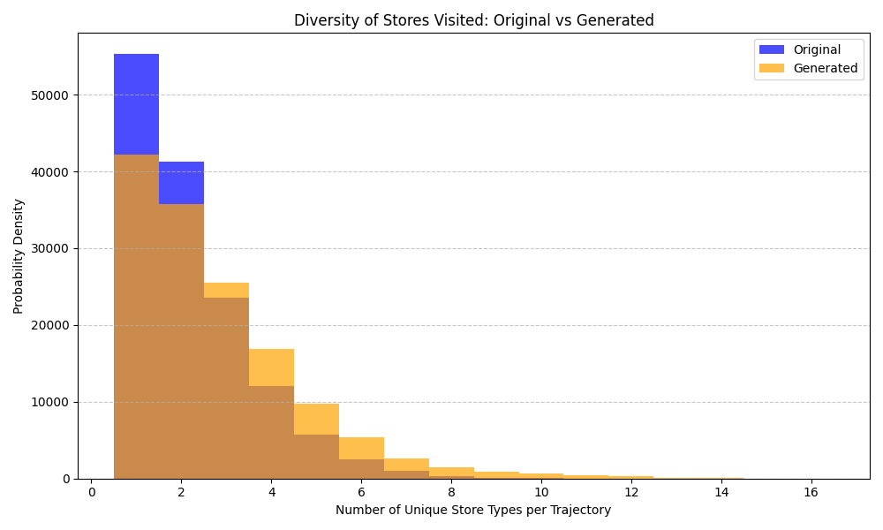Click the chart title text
pyautogui.click(x=473, y=20)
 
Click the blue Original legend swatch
pyautogui.click(x=771, y=49)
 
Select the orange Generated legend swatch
pyautogui.click(x=771, y=68)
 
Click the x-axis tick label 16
pyautogui.click(x=811, y=492)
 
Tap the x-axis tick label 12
pyautogui.click(x=630, y=492)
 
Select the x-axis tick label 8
pyautogui.click(x=451, y=492)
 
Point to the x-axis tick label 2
pyautogui.click(x=181, y=492)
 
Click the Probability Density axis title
pyautogui.click(x=19, y=256)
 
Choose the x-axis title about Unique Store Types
pyautogui.click(x=473, y=510)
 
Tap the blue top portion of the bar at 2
pyautogui.click(x=181, y=183)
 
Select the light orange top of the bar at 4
pyautogui.click(x=271, y=367)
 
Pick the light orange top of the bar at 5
pyautogui.click(x=316, y=419)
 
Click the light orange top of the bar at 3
pyautogui.click(x=226, y=290)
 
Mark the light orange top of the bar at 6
pyautogui.click(x=361, y=448)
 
